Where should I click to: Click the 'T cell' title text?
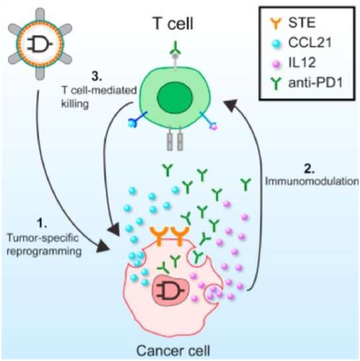(173, 23)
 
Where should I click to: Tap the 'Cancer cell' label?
(173, 351)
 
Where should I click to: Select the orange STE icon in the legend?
(276, 22)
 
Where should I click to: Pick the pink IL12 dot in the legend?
(276, 64)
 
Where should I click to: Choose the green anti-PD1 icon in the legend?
(276, 83)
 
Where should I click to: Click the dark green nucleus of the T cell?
(174, 98)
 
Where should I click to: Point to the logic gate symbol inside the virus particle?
(40, 44)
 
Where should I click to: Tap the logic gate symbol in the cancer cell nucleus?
(170, 291)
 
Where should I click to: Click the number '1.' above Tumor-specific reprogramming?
(42, 223)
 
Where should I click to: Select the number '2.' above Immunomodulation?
(309, 169)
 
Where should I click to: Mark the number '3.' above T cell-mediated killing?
(96, 76)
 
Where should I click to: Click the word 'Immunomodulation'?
(312, 181)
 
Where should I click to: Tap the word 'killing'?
(75, 104)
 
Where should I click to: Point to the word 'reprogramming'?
(44, 251)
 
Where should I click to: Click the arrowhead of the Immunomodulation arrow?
(231, 104)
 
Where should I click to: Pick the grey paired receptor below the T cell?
(175, 138)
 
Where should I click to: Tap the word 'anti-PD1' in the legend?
(315, 82)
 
